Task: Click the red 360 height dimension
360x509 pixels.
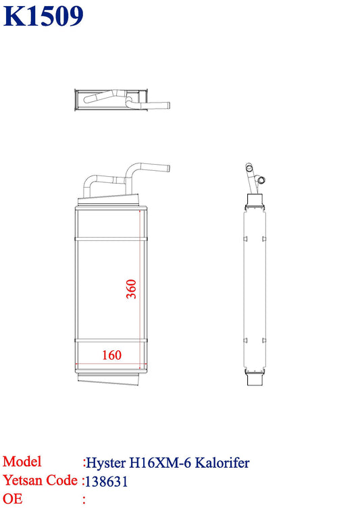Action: pos(131,288)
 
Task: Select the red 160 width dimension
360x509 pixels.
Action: pos(111,355)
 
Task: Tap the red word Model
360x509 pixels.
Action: pos(22,461)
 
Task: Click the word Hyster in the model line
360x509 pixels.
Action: pos(106,463)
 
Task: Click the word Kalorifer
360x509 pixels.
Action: pos(222,462)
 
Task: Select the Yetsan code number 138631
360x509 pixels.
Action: pos(106,481)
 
